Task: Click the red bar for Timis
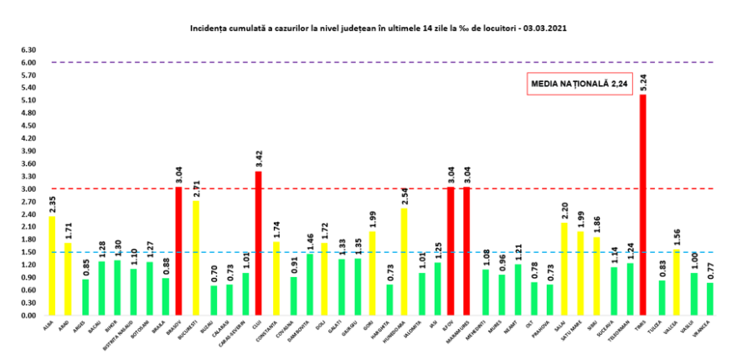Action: pos(643,205)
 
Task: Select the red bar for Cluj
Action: pos(258,244)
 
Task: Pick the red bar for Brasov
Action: pos(178,251)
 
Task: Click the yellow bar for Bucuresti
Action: pos(196,258)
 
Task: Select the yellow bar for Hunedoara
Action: pos(405,262)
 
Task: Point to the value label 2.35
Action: pos(52,204)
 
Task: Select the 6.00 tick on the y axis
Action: pos(28,63)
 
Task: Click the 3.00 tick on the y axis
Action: pos(28,189)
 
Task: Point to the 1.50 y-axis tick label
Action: pos(28,252)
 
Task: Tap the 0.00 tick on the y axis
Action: pos(28,316)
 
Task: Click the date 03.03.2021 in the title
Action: pos(549,28)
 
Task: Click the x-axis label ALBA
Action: pos(49,325)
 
